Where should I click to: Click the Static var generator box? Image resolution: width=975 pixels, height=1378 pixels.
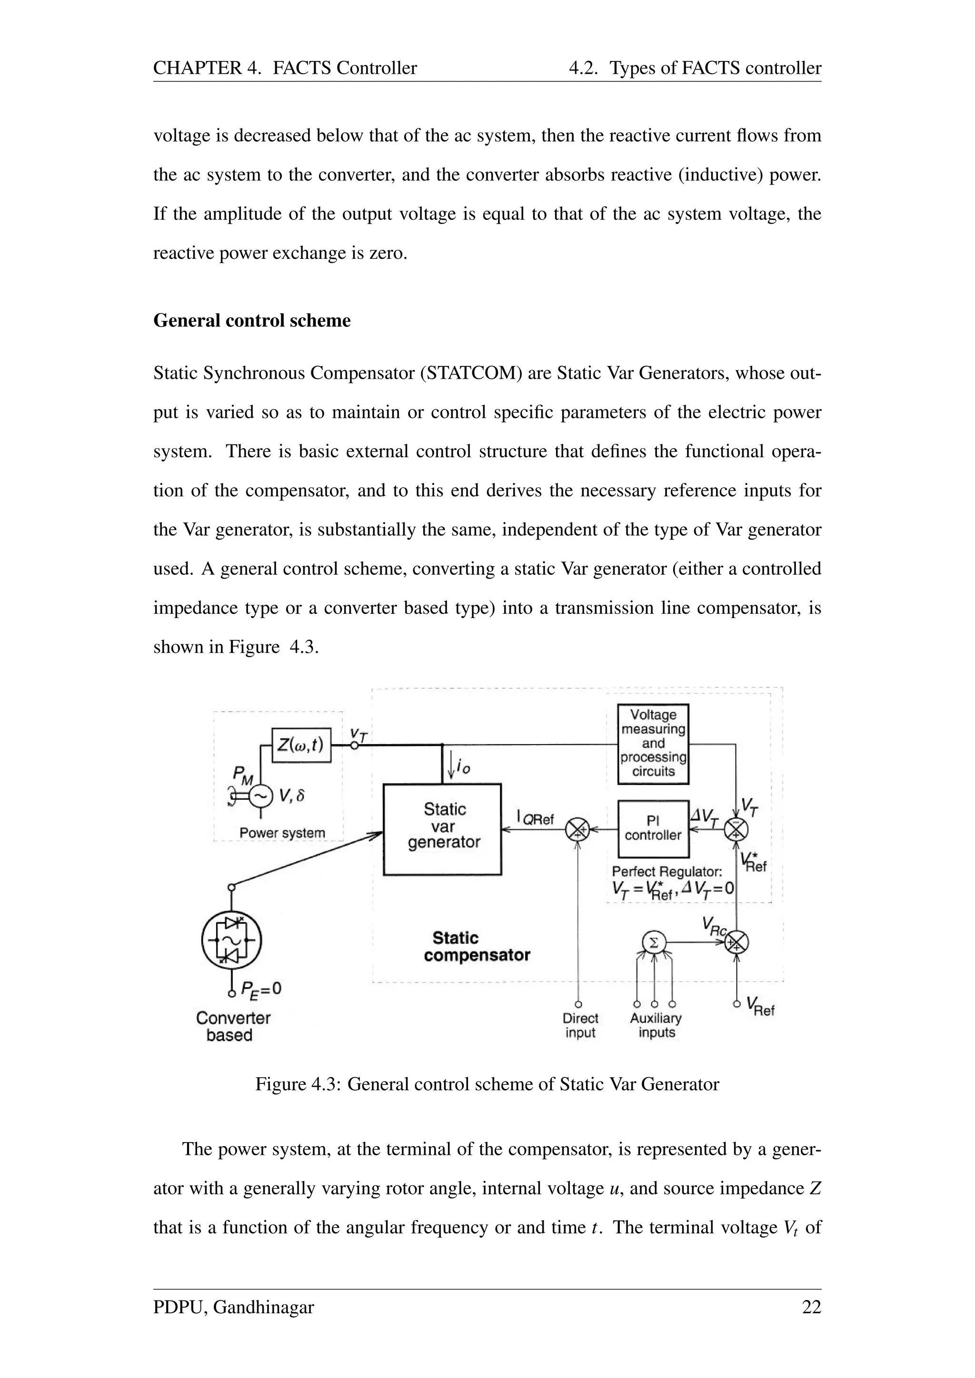tap(442, 829)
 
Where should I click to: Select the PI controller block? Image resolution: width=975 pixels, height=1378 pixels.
tap(653, 829)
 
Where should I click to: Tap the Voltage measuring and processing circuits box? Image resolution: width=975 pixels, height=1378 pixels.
tap(653, 743)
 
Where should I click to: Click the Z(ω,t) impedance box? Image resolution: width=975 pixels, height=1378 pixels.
tap(301, 746)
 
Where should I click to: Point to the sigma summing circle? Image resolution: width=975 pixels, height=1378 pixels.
tap(654, 943)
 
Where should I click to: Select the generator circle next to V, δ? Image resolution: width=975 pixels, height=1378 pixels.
tap(260, 797)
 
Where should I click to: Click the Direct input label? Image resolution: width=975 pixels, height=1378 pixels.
tap(580, 1026)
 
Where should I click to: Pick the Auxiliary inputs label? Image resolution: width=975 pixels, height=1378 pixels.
tap(656, 1026)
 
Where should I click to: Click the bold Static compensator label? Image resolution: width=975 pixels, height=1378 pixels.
tap(477, 946)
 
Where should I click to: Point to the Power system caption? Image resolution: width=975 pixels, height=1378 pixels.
tap(282, 833)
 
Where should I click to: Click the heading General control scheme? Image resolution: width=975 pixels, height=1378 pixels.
tap(252, 321)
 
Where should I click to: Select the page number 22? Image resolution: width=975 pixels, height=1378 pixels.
tap(811, 1307)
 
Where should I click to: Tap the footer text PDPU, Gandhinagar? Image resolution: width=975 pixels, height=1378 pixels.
tap(234, 1307)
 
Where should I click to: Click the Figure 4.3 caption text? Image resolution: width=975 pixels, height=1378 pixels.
tap(487, 1084)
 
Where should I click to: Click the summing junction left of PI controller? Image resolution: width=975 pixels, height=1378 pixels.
tap(577, 830)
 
